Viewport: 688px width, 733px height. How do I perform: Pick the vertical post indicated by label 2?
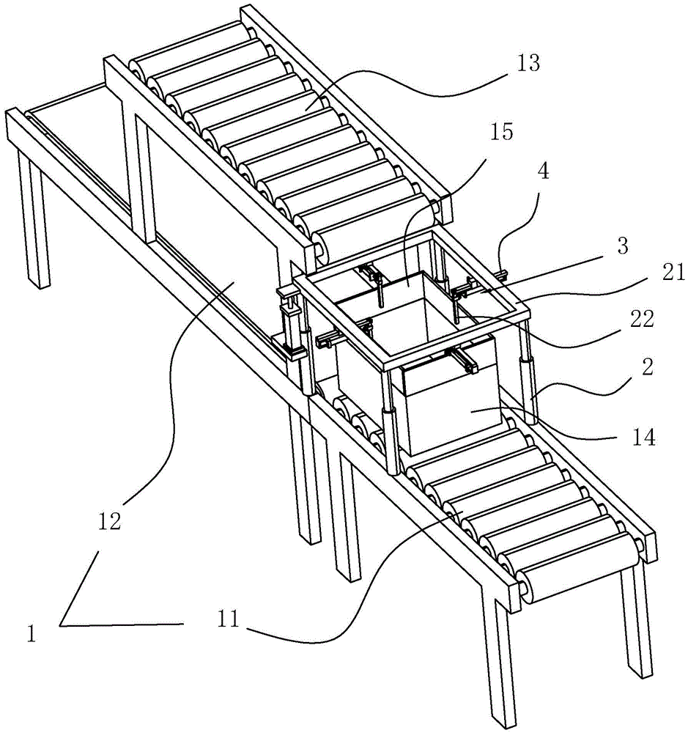525,388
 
